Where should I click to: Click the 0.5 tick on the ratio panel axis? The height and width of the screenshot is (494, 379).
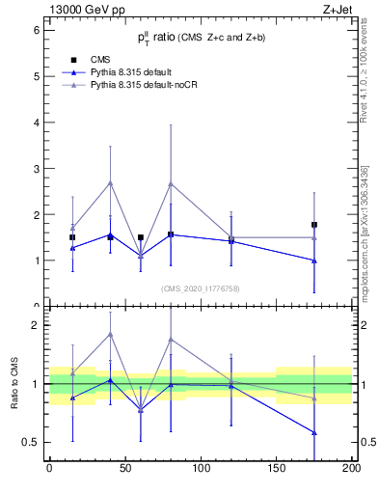(31, 442)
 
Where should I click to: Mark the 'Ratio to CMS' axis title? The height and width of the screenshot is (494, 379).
(14, 388)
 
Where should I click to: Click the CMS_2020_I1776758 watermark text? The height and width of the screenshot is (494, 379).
(200, 288)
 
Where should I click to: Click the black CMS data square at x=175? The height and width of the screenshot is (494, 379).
(314, 225)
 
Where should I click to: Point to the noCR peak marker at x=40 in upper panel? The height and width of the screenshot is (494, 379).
(110, 182)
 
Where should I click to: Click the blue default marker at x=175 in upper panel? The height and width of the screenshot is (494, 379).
(314, 261)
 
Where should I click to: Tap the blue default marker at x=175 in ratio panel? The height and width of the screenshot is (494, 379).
(314, 432)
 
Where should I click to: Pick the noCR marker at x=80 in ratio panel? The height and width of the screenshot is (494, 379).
(171, 339)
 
